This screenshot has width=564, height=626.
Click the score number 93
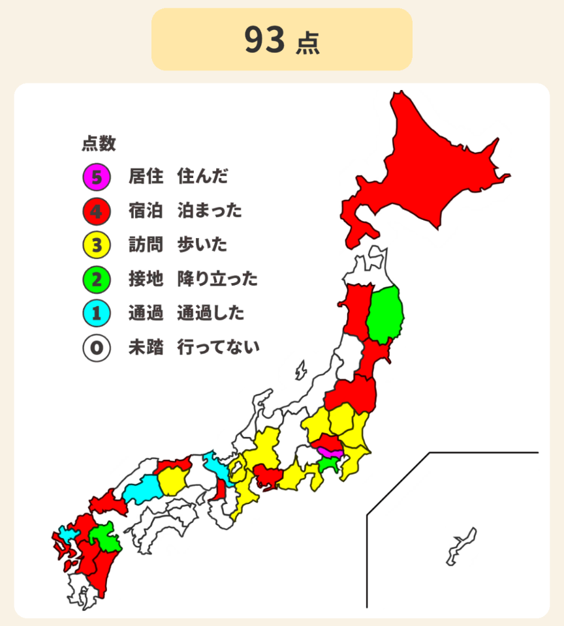pyautogui.click(x=265, y=40)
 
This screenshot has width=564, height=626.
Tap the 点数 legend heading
pyautogui.click(x=99, y=142)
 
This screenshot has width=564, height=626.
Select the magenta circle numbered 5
pyautogui.click(x=96, y=176)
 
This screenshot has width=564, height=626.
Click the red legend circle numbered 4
pyautogui.click(x=96, y=211)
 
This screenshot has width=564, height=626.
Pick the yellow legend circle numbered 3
pyautogui.click(x=96, y=245)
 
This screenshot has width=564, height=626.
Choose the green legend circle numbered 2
pyautogui.click(x=96, y=279)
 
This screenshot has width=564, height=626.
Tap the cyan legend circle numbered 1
pyautogui.click(x=96, y=314)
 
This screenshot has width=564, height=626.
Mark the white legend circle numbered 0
pyautogui.click(x=96, y=348)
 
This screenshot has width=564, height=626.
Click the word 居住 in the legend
pyautogui.click(x=146, y=176)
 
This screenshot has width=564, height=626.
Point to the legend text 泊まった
pyautogui.click(x=210, y=211)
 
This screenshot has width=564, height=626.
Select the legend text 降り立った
pyautogui.click(x=217, y=279)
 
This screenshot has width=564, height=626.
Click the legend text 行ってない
pyautogui.click(x=218, y=348)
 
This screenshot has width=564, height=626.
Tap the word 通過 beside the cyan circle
pyautogui.click(x=146, y=314)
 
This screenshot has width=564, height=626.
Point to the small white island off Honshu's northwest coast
pyautogui.click(x=300, y=370)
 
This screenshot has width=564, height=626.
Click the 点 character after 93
pyautogui.click(x=307, y=43)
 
